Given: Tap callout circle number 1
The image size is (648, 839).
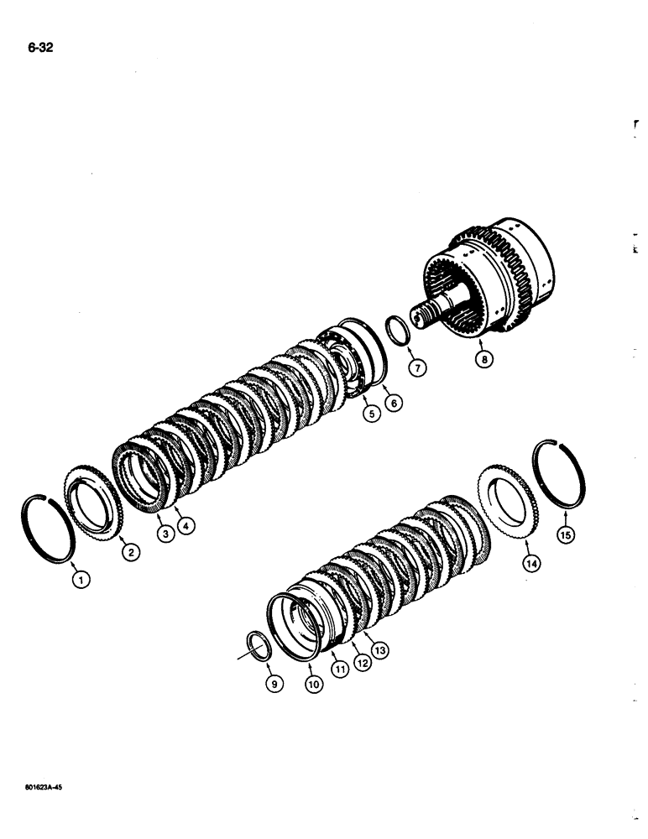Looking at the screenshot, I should (x=81, y=578).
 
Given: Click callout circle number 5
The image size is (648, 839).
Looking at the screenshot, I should (x=369, y=412).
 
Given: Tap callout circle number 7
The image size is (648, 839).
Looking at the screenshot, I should (x=419, y=367).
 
